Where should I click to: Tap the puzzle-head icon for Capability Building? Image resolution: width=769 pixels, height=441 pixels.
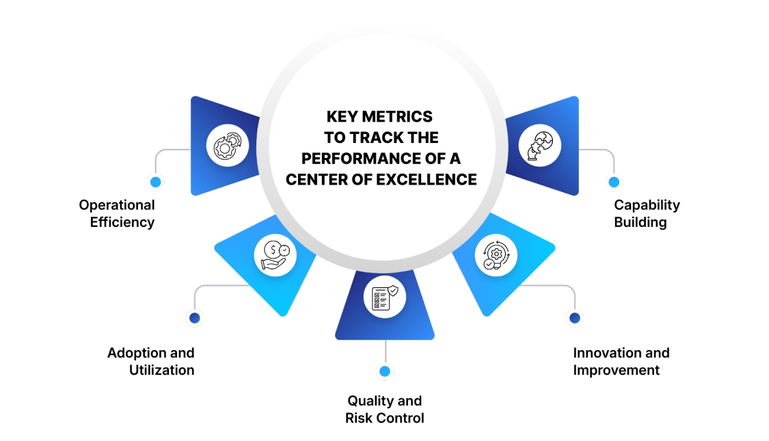coord(539,146)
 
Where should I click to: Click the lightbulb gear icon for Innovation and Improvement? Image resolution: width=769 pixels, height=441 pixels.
coord(496,255)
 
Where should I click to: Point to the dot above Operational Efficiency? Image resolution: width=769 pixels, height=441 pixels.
coord(156,182)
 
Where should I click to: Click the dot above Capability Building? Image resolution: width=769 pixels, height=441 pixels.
coord(614,182)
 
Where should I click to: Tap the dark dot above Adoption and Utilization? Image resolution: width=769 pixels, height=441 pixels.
coord(195,317)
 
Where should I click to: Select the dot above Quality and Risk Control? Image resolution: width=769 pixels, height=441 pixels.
coord(385,371)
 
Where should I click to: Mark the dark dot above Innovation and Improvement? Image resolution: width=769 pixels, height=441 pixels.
coord(575,317)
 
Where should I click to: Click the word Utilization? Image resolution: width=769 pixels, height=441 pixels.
coord(162,371)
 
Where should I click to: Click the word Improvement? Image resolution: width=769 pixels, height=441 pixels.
coord(616,371)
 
